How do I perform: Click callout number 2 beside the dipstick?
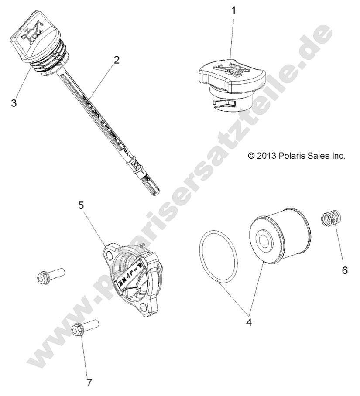(x=116, y=60)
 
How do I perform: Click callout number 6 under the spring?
(x=345, y=270)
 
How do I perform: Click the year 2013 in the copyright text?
(x=267, y=156)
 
